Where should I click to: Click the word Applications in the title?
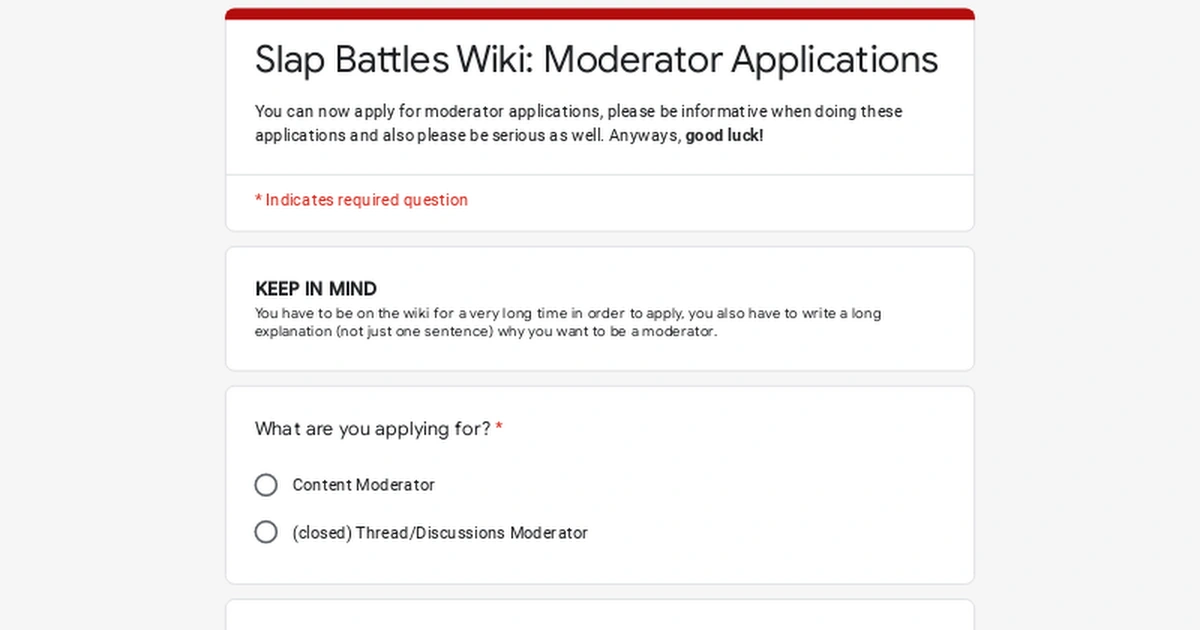click(835, 60)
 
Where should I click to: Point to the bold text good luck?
click(724, 135)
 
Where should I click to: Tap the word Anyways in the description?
click(645, 135)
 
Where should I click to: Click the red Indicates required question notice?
click(361, 200)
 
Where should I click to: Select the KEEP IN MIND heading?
click(316, 289)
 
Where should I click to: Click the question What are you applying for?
click(373, 429)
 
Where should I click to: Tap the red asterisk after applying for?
click(499, 429)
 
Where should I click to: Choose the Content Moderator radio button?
click(266, 485)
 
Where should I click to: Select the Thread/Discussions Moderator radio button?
click(266, 532)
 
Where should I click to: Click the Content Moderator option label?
click(363, 485)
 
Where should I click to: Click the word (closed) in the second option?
click(322, 533)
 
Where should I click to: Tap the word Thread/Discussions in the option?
click(431, 533)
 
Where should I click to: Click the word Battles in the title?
click(392, 60)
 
